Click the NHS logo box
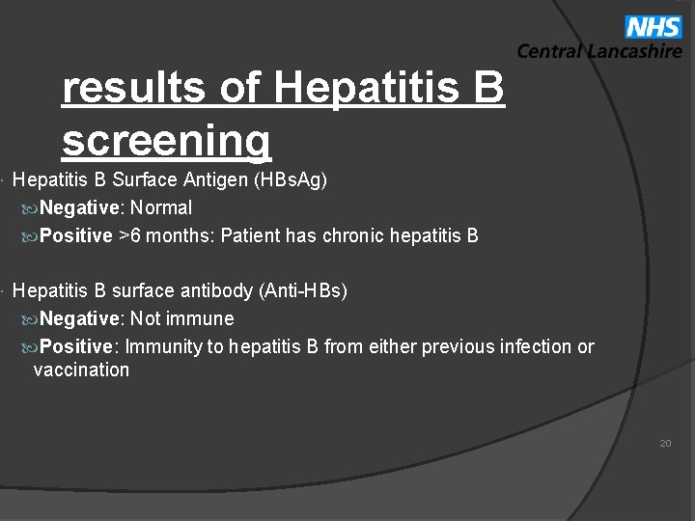pos(653,27)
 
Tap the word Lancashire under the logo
pos(633,52)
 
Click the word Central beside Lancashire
pos(548,52)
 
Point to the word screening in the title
pos(166,141)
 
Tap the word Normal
pos(161,207)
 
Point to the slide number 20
pos(665,443)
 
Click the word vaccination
pos(81,370)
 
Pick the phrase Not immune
pos(182,318)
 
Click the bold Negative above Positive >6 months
pos(82,207)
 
